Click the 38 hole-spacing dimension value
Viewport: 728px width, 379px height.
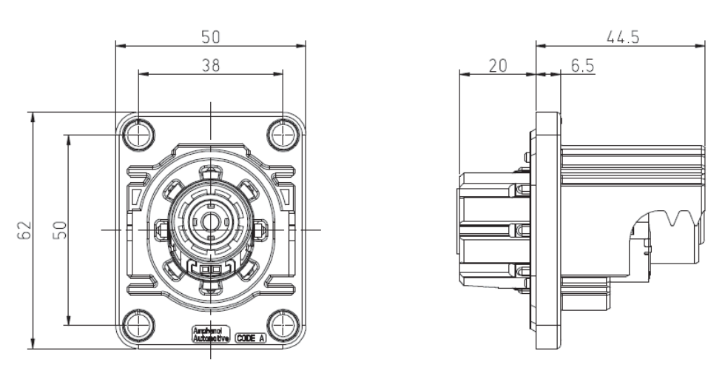click(211, 65)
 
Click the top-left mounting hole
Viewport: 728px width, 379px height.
click(138, 135)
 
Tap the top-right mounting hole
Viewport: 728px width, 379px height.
click(283, 135)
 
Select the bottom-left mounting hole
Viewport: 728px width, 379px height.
click(138, 324)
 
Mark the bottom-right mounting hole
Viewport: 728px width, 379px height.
click(283, 324)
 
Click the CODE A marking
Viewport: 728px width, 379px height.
click(251, 338)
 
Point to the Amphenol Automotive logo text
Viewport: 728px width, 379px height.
click(206, 335)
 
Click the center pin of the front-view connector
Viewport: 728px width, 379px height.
click(211, 220)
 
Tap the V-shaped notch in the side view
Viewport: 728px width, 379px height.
click(675, 218)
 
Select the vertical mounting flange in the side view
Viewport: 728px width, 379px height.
click(547, 229)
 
